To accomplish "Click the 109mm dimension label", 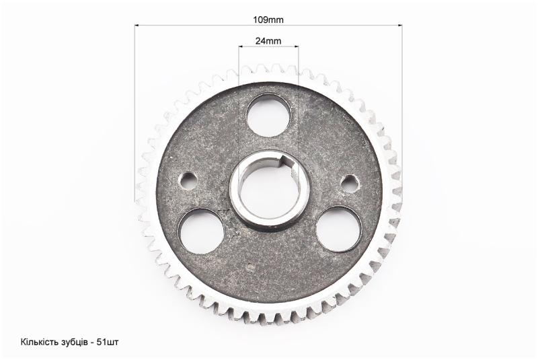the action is pyautogui.click(x=268, y=20).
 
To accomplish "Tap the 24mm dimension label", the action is pyautogui.click(x=268, y=41).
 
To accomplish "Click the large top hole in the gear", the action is pyautogui.click(x=268, y=115).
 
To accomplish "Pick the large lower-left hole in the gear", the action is pyautogui.click(x=201, y=231).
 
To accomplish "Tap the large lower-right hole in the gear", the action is pyautogui.click(x=339, y=229).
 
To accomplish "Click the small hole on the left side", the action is pyautogui.click(x=188, y=180).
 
